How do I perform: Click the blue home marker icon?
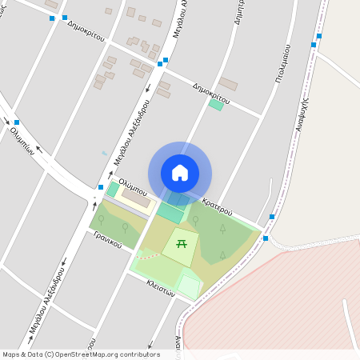click(180, 172)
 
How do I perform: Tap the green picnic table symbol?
click(182, 242)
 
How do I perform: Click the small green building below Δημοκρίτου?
click(216, 105)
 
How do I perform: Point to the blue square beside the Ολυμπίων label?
click(16, 122)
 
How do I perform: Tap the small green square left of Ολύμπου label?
click(112, 190)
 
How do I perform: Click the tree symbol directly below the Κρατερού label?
click(222, 229)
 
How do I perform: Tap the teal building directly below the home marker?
click(170, 213)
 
